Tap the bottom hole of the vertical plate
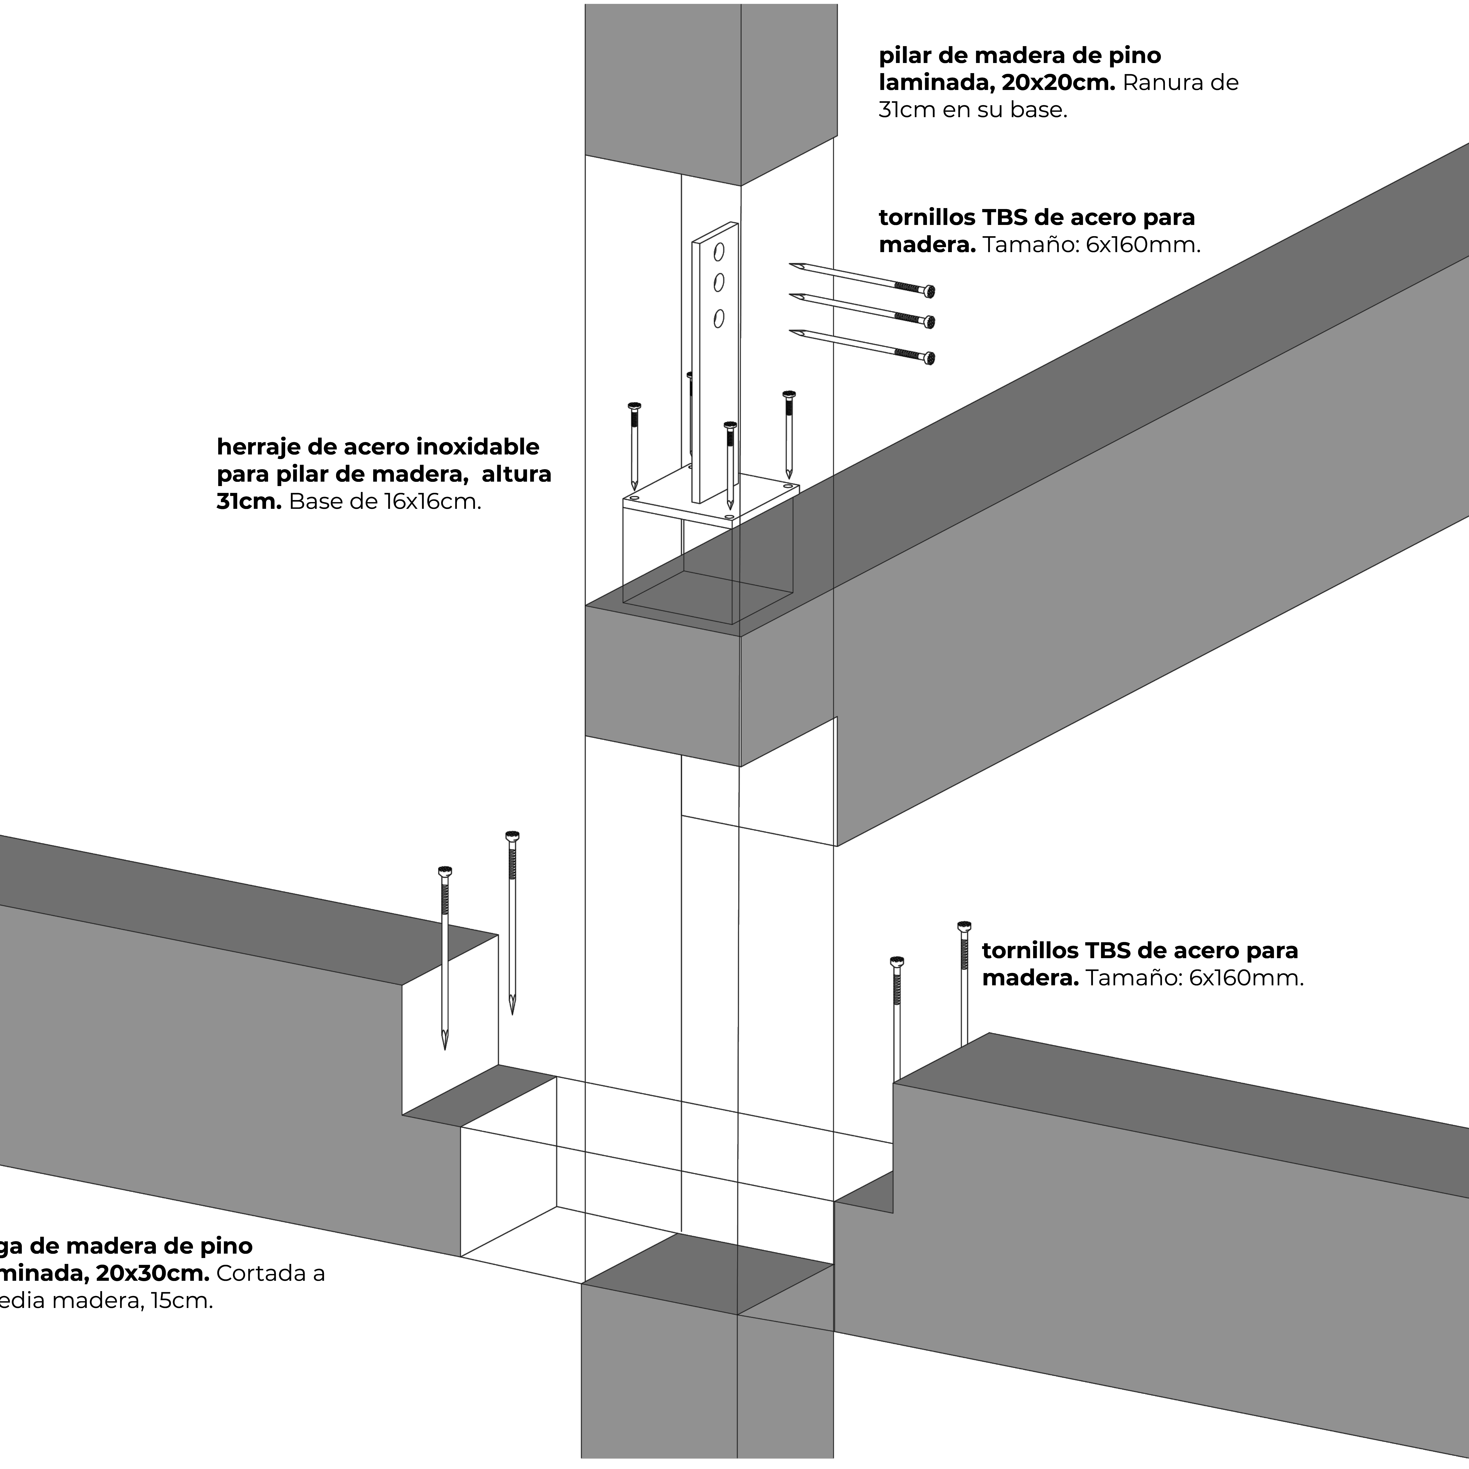(719, 318)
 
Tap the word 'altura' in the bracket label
(516, 474)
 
